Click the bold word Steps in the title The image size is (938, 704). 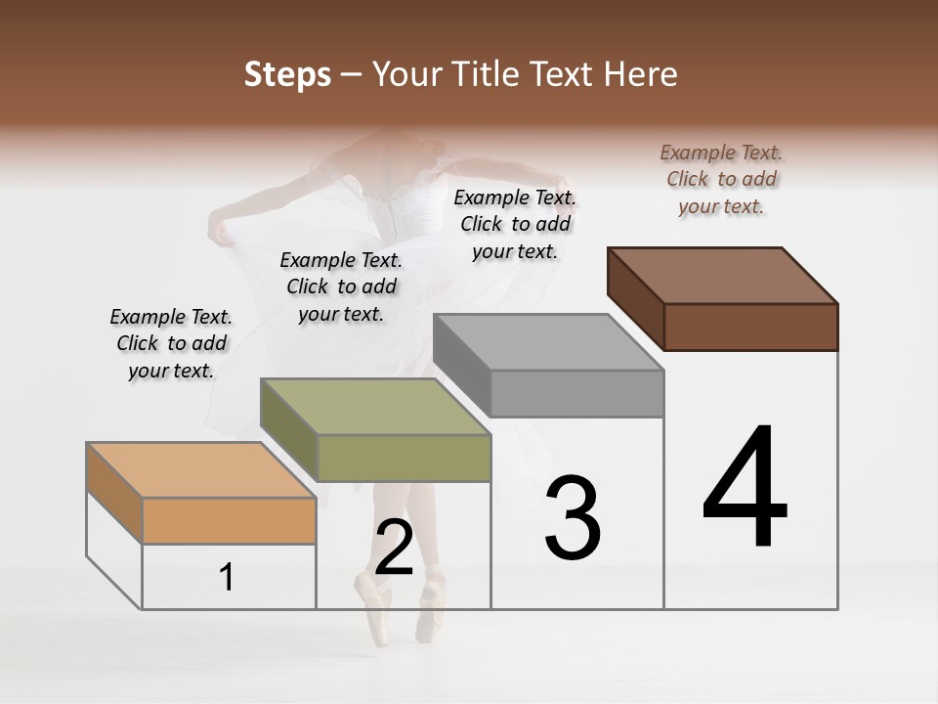286,74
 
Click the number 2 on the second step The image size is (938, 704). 394,548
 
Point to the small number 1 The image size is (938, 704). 227,578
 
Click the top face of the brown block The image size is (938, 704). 722,275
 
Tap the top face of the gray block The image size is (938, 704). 548,342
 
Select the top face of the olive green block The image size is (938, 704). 375,407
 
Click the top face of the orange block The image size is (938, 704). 201,470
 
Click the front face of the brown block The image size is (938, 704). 750,327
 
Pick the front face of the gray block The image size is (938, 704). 576,393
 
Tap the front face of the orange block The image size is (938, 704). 229,520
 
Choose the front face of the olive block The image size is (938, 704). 404,458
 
